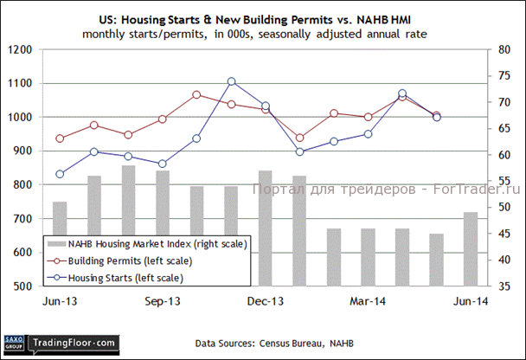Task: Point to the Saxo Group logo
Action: (13, 343)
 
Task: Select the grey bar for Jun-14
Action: (470, 248)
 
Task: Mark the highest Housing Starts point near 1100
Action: (231, 81)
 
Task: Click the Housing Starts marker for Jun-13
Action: (60, 174)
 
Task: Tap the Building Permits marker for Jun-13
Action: (60, 138)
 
